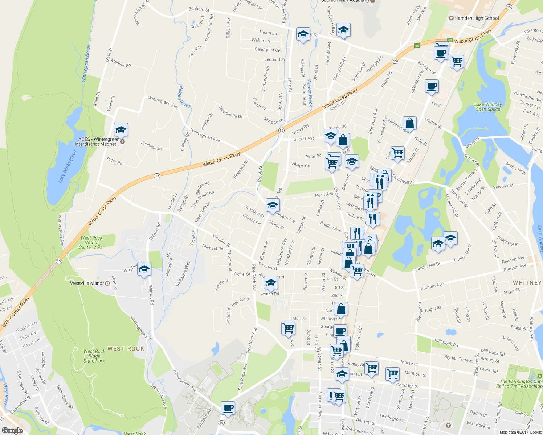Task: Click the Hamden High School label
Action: [x=476, y=18]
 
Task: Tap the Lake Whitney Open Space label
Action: [x=488, y=107]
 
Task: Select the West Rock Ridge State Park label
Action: [x=94, y=356]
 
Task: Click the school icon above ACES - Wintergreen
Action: [x=121, y=130]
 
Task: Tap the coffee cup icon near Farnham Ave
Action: [x=228, y=408]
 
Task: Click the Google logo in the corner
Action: [x=12, y=430]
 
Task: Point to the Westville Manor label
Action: [x=87, y=283]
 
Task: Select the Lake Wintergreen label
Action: [x=67, y=166]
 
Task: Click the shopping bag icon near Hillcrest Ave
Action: [x=409, y=123]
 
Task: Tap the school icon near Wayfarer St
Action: [x=144, y=269]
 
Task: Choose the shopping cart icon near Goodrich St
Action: [x=393, y=374]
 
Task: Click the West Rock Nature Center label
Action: [x=91, y=243]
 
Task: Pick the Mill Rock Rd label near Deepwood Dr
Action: [x=492, y=352]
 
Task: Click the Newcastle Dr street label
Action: [x=230, y=112]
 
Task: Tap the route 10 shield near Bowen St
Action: [x=318, y=349]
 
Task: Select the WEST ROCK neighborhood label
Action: [x=126, y=349]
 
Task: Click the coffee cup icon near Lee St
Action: [x=431, y=87]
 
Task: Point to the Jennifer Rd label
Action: [x=151, y=146]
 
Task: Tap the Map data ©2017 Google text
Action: [x=520, y=432]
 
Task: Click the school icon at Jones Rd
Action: [x=270, y=283]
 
